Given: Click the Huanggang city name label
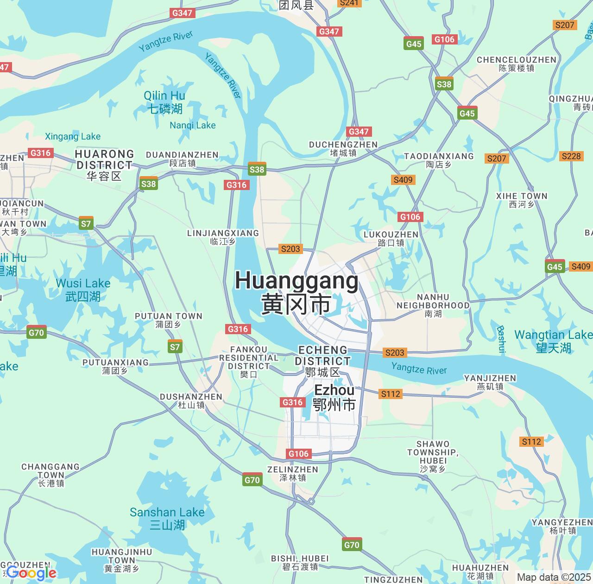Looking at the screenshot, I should [x=296, y=292].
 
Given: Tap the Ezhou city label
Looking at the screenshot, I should [x=334, y=397].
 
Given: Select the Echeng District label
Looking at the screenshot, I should [x=323, y=361].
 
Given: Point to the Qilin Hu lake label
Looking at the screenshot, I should [x=164, y=102].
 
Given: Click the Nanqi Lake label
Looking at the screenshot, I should [x=192, y=125].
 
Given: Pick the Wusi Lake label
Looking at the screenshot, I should [x=83, y=289].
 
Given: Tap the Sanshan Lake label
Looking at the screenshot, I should [x=167, y=518].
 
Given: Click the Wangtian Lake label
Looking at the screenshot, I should [x=553, y=341].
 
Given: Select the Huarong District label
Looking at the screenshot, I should [x=105, y=165].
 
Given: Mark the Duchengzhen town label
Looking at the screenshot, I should [x=343, y=148].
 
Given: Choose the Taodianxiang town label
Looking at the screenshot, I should [x=439, y=160].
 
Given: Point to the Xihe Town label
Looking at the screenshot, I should [x=522, y=200].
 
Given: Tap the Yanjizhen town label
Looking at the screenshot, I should [x=490, y=382].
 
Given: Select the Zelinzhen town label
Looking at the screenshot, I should [x=292, y=473].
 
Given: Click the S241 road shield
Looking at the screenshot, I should [x=349, y=3].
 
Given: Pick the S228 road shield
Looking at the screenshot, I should [x=571, y=156].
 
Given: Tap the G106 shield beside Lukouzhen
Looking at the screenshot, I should [x=410, y=216].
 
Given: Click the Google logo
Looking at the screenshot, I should [x=31, y=573].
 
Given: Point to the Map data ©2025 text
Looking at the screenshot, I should [x=554, y=577].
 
